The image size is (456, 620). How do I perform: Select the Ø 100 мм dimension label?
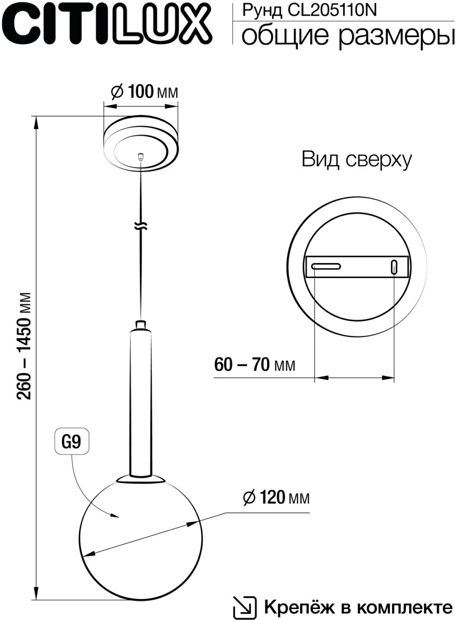point(144,92)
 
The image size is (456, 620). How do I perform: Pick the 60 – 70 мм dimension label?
point(254,365)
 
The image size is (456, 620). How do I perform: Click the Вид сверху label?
point(356,160)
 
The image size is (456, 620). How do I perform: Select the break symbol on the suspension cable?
point(142,226)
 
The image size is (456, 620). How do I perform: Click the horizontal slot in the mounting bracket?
point(327,267)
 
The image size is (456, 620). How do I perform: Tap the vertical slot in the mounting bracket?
point(394,267)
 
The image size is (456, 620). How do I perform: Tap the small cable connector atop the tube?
point(141,324)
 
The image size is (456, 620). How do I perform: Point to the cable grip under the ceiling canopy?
point(141,157)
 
